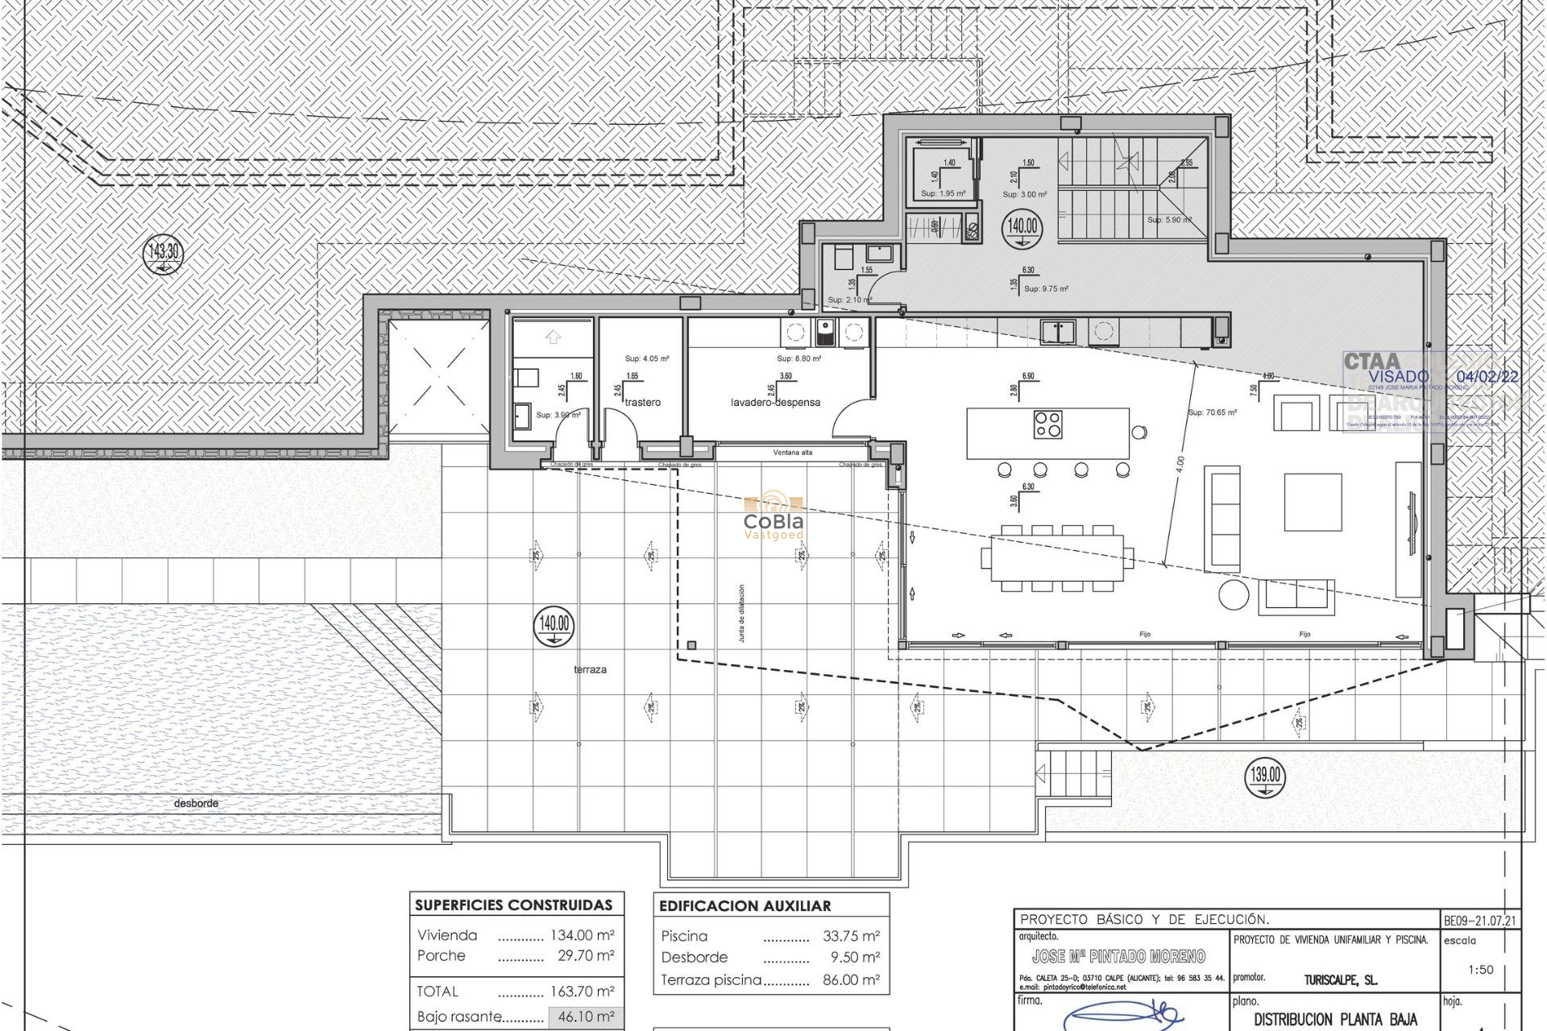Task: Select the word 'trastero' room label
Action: (642, 402)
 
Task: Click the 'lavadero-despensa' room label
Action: (775, 402)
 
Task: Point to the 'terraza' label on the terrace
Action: (590, 669)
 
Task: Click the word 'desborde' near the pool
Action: (196, 803)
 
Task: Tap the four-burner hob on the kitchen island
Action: (1048, 424)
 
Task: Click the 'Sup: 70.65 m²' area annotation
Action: (1212, 412)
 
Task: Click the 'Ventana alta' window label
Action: (793, 453)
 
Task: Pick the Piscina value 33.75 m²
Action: (851, 936)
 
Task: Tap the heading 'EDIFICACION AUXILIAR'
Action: (744, 906)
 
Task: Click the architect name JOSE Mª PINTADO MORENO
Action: (1118, 957)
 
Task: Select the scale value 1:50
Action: (1480, 970)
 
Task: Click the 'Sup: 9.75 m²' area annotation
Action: (1046, 288)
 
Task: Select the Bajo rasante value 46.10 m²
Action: (586, 1017)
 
